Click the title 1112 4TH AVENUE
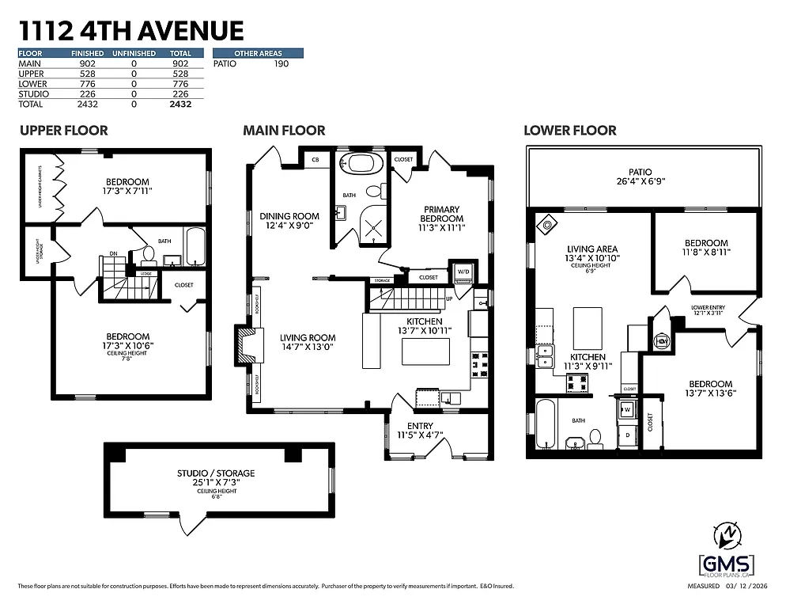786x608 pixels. [x=130, y=31]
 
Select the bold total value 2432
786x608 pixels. [x=180, y=104]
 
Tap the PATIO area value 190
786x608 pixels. [x=281, y=63]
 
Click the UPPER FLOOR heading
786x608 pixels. [x=63, y=130]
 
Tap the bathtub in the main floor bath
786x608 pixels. [x=364, y=164]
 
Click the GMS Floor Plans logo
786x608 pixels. [x=727, y=564]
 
